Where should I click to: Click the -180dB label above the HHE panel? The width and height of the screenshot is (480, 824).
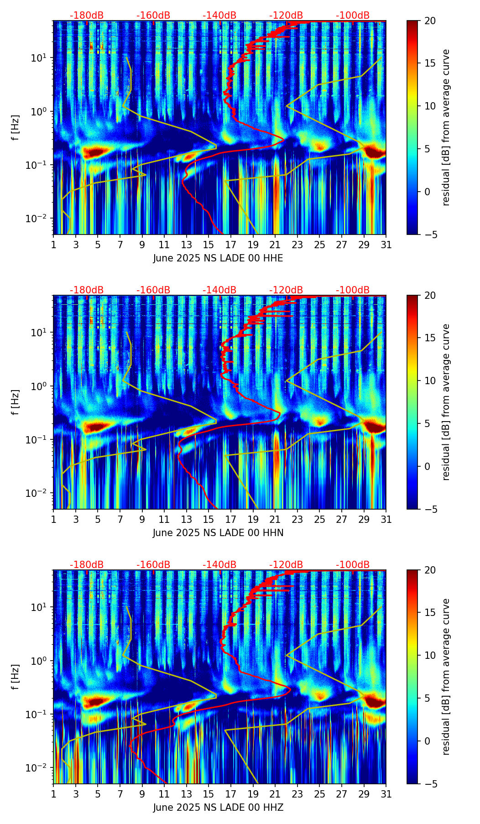point(87,16)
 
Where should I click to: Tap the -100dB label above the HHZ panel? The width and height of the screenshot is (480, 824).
point(353,565)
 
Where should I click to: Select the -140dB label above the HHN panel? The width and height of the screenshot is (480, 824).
point(219,290)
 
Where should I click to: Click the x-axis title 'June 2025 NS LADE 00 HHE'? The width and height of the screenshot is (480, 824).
point(218,258)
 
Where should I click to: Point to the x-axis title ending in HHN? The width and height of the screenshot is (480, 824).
point(218,533)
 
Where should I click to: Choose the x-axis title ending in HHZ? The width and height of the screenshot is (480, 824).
point(218,808)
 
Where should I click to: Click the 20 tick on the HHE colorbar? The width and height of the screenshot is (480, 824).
point(429,21)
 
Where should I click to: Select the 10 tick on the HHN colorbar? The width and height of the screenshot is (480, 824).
point(429,381)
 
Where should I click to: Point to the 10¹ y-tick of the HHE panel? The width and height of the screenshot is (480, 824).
point(42,58)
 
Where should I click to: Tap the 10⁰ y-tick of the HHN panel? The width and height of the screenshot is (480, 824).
point(42,386)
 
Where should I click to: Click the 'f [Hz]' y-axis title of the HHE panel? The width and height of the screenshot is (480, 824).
point(16,127)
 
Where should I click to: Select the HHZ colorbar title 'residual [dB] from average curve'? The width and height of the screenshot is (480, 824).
point(446,677)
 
